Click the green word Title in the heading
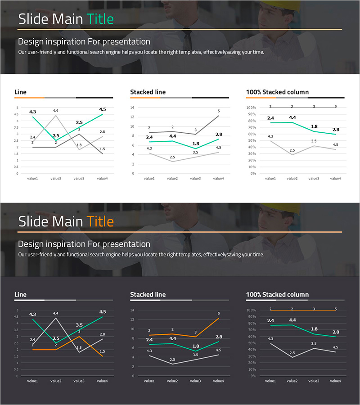(x=100, y=19)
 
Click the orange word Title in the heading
(x=100, y=221)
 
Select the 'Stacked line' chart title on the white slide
(x=148, y=92)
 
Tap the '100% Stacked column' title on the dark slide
(x=277, y=295)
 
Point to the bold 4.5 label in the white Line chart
(x=102, y=109)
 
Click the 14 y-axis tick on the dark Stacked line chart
(x=132, y=310)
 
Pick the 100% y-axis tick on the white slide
(x=251, y=108)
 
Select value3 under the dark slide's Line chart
(x=79, y=381)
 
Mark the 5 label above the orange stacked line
(x=219, y=314)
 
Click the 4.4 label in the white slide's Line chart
(x=56, y=111)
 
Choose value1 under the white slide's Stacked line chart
(x=149, y=179)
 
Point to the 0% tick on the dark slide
(x=253, y=376)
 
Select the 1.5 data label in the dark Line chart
(x=102, y=351)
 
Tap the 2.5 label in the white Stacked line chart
(x=172, y=157)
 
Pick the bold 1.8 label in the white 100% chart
(x=314, y=126)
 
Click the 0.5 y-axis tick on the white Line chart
(x=17, y=167)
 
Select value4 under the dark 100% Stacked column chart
(x=335, y=381)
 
